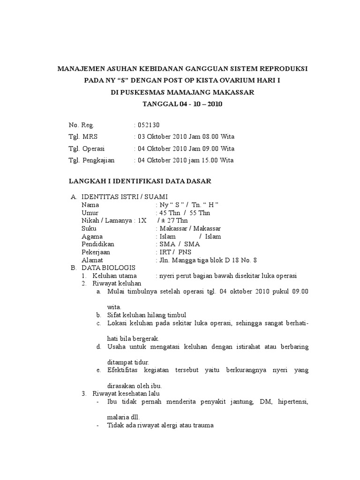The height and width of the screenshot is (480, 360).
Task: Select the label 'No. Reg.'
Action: coord(82,125)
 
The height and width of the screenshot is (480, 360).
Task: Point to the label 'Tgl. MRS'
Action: coord(83,137)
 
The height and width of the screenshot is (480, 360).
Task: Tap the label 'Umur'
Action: coord(89,212)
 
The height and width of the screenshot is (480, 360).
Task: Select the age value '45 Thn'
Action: coord(171,212)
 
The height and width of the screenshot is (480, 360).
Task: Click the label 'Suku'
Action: coord(89,228)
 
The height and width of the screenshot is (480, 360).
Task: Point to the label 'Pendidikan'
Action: coord(97,244)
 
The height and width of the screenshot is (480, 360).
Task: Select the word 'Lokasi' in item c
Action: coord(117,323)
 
